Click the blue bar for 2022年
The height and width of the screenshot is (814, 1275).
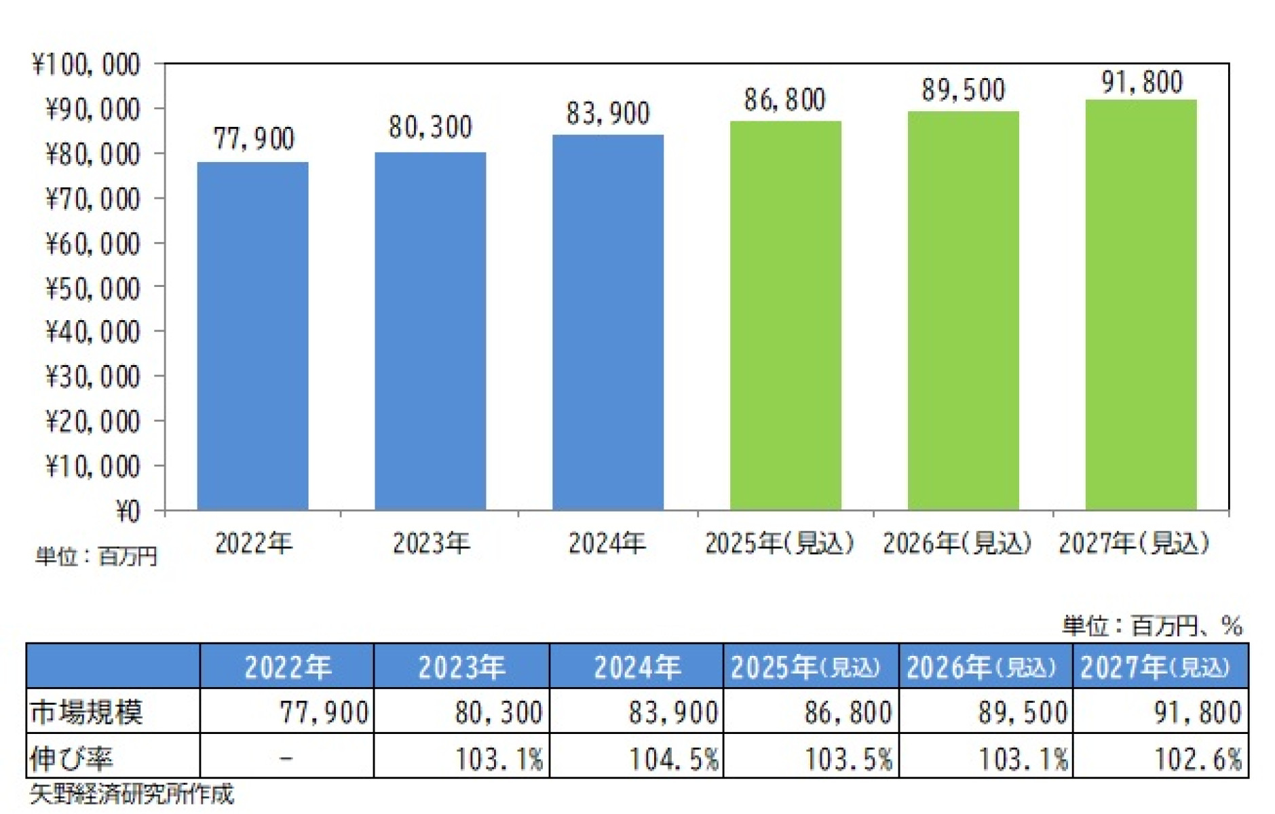coord(252,336)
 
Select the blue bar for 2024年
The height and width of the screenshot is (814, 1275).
coord(607,322)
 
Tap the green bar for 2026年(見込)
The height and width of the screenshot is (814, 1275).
coord(963,311)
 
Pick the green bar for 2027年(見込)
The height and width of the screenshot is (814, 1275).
coord(1141,305)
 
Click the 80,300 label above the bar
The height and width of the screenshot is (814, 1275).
coord(430,128)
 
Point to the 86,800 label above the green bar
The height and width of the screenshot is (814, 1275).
coord(784,100)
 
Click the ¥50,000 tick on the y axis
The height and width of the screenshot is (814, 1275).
coord(92,288)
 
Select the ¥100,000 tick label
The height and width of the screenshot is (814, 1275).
coord(85,65)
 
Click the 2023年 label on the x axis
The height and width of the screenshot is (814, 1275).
coord(431,543)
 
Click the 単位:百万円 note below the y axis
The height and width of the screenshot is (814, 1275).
coord(96,557)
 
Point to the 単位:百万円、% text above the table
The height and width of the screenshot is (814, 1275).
coord(1152,625)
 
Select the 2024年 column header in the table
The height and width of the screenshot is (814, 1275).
coord(636,667)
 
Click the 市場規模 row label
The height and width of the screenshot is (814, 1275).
coord(86,712)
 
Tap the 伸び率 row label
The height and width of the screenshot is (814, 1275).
coord(71,758)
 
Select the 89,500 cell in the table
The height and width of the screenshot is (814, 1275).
coord(1022,712)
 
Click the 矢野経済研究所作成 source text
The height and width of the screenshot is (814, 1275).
coord(132,794)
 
